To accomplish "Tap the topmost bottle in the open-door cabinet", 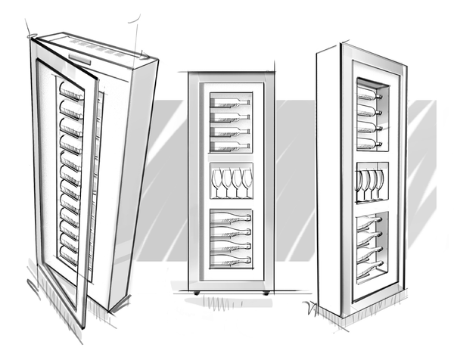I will [x=71, y=93].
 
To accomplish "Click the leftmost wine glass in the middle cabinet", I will [x=216, y=182].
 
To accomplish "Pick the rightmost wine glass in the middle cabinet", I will [x=247, y=182].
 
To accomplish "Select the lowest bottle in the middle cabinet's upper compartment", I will [x=230, y=145].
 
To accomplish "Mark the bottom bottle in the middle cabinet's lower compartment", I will [x=230, y=259].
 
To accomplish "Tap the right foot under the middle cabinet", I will [x=266, y=293].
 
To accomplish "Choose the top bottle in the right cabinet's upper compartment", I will [x=369, y=97].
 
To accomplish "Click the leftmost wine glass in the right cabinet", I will [x=359, y=184].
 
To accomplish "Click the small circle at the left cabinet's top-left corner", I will [x=30, y=35].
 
